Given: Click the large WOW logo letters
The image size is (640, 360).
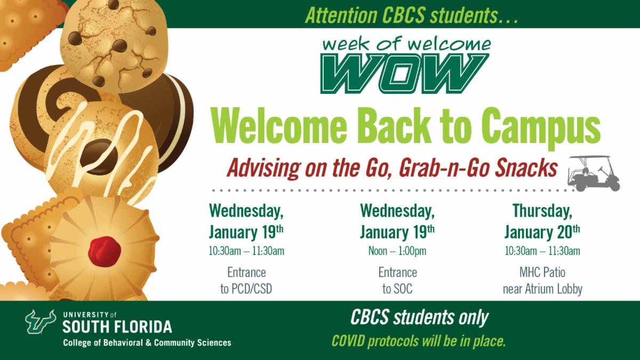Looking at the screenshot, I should pos(405,73).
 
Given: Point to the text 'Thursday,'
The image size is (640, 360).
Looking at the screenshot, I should pos(542,211).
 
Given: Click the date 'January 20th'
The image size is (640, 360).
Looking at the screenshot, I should pos(542,232).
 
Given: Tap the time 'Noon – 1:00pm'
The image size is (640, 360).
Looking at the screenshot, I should pos(397,251).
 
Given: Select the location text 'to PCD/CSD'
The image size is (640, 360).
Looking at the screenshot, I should pos(246,290).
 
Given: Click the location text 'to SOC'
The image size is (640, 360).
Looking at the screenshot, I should pos(397,290).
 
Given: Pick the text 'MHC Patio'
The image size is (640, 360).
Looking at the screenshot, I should pos(542,273).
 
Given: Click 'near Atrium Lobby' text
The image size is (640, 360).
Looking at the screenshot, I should pos(542,290).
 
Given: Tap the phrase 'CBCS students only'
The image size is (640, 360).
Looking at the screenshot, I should pos(419,318).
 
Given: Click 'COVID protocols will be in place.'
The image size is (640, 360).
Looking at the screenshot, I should pos(419,340).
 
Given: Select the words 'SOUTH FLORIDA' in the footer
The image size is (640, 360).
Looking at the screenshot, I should pos(117,326).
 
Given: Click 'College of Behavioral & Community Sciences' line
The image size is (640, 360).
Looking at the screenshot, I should pos(147,342).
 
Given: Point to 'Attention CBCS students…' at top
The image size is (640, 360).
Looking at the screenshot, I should pos(411,14).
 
